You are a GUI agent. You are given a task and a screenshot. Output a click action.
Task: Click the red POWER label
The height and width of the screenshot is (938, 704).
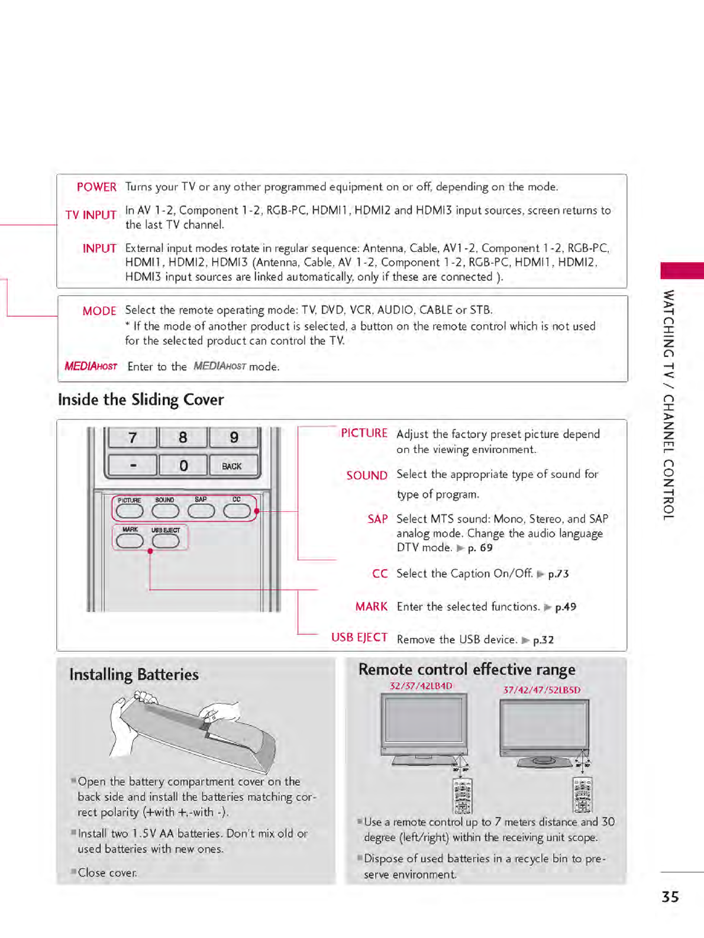tap(96, 187)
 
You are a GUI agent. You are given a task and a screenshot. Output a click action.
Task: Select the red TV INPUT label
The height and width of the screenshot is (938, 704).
tap(91, 215)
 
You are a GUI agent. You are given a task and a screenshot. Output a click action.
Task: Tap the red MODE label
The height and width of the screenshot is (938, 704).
tap(99, 311)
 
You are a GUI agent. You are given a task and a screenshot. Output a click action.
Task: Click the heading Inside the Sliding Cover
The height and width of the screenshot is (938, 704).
tap(141, 400)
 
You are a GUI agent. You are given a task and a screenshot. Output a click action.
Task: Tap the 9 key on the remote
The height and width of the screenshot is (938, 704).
tap(234, 438)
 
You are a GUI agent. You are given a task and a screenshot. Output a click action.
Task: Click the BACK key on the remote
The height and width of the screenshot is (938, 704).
tap(232, 466)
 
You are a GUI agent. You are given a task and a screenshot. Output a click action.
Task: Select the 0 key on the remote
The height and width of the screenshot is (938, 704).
tap(183, 466)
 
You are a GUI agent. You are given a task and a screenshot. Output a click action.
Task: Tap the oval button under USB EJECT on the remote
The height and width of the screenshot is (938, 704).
tap(166, 541)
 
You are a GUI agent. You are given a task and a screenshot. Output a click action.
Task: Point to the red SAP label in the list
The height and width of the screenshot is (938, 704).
tap(377, 519)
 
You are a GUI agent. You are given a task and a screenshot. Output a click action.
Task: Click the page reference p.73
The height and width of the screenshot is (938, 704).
tap(558, 574)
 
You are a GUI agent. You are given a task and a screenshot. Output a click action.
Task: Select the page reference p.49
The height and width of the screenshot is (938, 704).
tap(565, 607)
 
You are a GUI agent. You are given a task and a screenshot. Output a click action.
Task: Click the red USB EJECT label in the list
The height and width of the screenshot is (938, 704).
tap(359, 638)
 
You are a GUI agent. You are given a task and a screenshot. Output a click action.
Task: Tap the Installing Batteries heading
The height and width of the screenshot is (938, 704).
tap(134, 675)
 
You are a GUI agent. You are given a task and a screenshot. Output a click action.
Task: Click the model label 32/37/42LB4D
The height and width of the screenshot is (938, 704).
tap(421, 686)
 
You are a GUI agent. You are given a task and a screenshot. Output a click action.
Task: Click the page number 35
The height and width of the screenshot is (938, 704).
tap(670, 897)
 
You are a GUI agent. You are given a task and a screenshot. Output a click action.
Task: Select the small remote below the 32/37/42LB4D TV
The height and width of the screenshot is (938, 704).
tap(462, 795)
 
